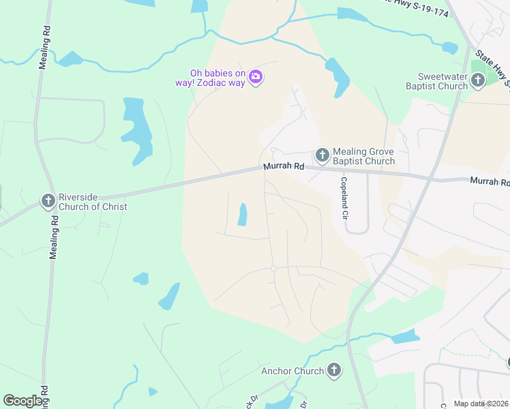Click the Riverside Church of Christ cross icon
[48, 201]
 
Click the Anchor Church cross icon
[333, 371]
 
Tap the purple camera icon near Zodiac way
[256, 77]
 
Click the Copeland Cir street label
[345, 198]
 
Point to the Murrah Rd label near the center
[284, 166]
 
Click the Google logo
[23, 401]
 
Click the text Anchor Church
[292, 372]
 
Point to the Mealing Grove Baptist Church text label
[363, 156]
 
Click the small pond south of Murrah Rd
[242, 215]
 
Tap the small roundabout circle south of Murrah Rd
[273, 269]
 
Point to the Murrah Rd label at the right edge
[490, 181]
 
